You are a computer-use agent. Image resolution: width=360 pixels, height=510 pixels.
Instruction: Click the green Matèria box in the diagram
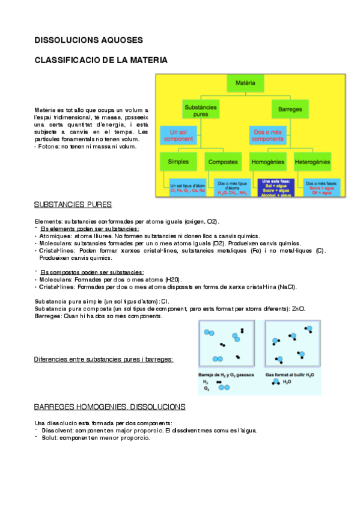click(x=245, y=82)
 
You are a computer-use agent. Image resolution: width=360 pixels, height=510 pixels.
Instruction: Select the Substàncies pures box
click(x=201, y=110)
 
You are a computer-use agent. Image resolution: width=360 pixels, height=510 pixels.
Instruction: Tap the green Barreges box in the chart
click(x=290, y=110)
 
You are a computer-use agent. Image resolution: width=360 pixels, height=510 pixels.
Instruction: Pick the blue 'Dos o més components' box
click(x=268, y=135)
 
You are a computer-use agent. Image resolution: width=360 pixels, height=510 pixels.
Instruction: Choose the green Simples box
click(x=178, y=162)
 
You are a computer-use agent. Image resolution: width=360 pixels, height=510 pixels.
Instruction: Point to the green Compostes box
click(x=223, y=162)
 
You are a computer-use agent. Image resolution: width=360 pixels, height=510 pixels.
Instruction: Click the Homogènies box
click(x=268, y=162)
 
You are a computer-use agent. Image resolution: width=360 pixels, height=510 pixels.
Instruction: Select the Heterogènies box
click(x=313, y=162)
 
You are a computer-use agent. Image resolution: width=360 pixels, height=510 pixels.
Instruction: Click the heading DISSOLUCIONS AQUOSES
click(x=88, y=40)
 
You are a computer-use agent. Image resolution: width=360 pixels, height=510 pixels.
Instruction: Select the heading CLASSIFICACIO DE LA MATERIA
click(x=100, y=61)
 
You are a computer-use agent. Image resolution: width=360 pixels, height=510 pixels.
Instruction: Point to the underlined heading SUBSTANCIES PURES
click(x=73, y=204)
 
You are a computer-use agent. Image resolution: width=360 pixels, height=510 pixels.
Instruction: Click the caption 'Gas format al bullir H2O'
click(x=290, y=374)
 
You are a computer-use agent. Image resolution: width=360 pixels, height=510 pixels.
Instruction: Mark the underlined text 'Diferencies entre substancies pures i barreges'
click(x=104, y=359)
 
